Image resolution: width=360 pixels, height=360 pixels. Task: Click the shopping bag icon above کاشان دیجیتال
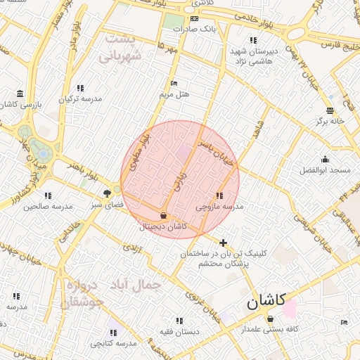click(164, 215)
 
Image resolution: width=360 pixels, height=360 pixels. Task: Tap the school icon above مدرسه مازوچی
click(220, 195)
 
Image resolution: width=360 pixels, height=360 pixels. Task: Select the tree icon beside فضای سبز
click(107, 193)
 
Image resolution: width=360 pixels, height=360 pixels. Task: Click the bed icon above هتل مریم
click(174, 82)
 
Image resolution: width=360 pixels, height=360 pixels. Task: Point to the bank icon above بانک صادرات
click(194, 18)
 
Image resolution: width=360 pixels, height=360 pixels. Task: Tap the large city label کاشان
click(266, 302)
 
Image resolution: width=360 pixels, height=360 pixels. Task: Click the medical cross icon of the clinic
click(224, 243)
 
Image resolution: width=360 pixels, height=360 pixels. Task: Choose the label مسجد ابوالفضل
click(325, 170)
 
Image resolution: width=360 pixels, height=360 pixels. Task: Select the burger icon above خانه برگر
click(330, 110)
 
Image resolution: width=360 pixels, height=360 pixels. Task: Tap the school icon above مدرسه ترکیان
click(79, 88)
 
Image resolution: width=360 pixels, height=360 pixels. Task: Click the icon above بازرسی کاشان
click(20, 94)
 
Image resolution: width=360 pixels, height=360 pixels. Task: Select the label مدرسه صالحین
click(49, 207)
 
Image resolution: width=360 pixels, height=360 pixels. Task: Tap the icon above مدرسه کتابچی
click(112, 332)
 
